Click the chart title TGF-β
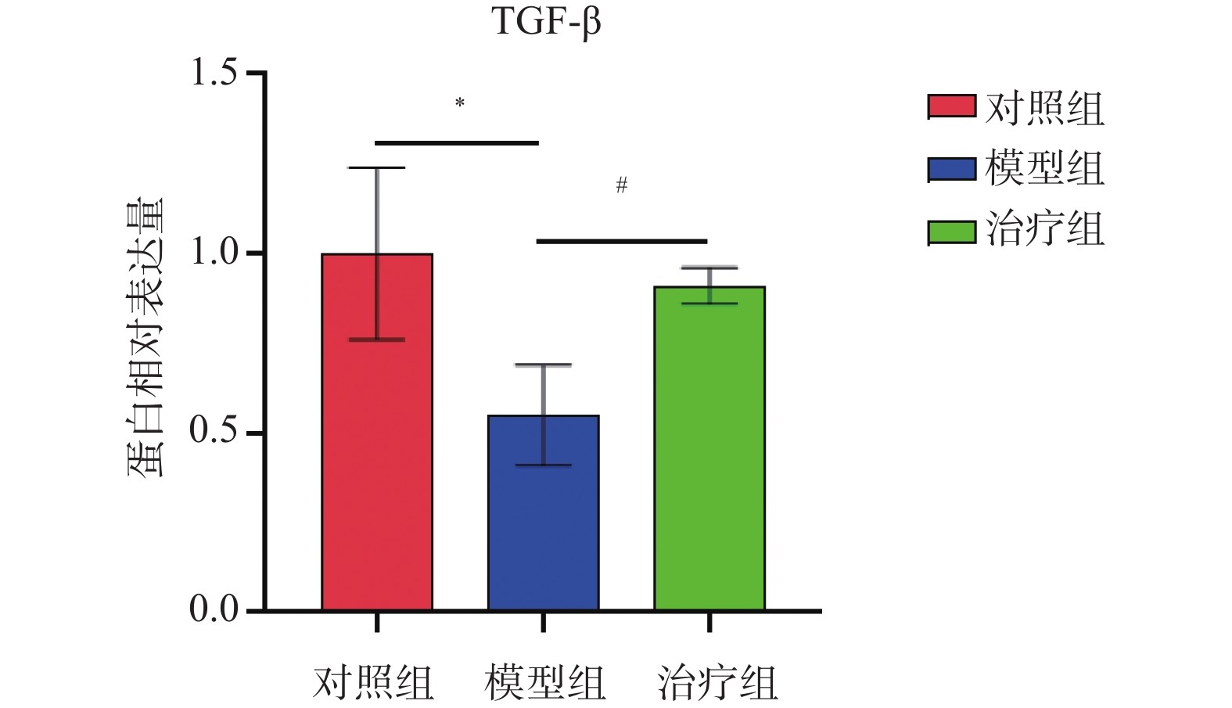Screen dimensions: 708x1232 pos(546,22)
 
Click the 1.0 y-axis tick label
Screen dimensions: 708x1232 pos(214,253)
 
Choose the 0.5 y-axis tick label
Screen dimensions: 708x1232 pos(214,433)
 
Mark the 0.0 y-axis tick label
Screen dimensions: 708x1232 pos(214,609)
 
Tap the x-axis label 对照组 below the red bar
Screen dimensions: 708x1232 pos(373,682)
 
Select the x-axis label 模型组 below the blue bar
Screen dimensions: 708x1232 pos(544,682)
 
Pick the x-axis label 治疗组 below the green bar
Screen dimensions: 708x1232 pos(717,682)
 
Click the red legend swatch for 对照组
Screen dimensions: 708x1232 pos(951,106)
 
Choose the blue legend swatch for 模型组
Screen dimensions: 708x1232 pos(951,169)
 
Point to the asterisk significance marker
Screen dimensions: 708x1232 pos(460,103)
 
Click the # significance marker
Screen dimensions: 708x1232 pos(622,185)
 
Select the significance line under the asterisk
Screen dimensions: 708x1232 pos(458,143)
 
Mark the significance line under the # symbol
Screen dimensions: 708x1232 pos(622,241)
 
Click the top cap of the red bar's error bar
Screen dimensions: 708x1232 pos(377,167)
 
